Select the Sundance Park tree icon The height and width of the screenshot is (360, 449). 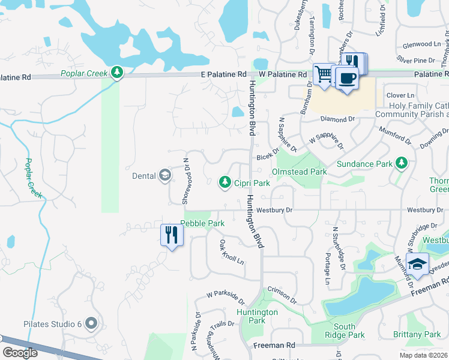tap(402, 163)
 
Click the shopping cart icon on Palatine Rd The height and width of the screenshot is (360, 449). tap(324, 75)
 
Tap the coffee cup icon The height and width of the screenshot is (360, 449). tap(346, 78)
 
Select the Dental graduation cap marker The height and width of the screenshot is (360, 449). tap(164, 176)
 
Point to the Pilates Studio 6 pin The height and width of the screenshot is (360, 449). tap(91, 324)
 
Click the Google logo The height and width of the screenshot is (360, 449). tap(20, 353)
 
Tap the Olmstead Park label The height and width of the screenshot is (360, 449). tap(299, 172)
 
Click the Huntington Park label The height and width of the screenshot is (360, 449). tap(257, 316)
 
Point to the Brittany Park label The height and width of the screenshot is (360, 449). tap(417, 335)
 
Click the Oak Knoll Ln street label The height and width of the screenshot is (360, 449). tap(232, 253)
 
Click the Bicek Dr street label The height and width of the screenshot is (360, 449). tap(268, 155)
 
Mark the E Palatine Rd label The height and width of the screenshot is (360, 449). tap(224, 74)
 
